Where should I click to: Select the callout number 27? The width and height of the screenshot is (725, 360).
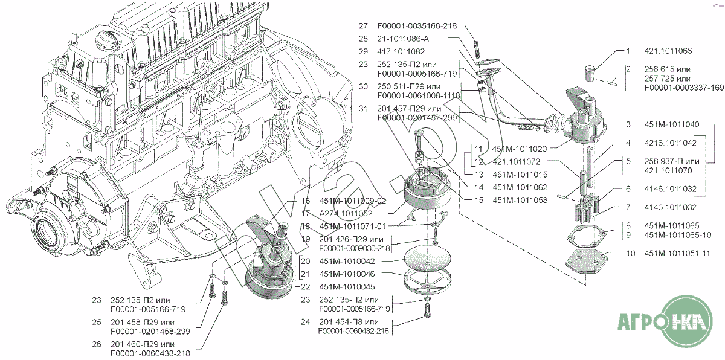click(362, 26)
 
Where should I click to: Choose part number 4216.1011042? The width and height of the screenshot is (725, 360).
click(671, 143)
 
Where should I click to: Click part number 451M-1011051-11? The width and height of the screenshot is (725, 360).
click(675, 254)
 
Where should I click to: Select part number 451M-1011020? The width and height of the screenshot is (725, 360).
click(519, 149)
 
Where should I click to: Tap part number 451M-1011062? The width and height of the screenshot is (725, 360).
click(520, 187)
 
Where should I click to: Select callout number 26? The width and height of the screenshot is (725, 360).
click(97, 344)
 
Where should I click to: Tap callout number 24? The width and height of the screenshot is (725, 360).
click(305, 322)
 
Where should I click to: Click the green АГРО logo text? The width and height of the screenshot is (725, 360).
click(644, 321)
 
